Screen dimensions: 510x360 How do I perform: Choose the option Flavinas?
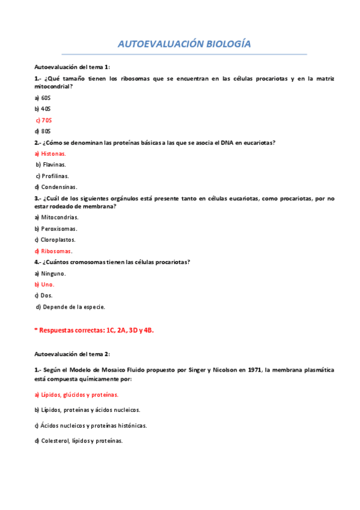pos(53,164)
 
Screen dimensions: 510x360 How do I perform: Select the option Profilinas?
pos(54,176)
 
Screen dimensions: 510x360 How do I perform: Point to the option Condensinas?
pos(58,187)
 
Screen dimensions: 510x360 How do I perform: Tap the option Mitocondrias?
pos(58,217)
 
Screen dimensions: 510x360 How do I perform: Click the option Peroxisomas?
pos(58,229)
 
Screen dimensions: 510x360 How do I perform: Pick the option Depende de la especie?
pos(72,307)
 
